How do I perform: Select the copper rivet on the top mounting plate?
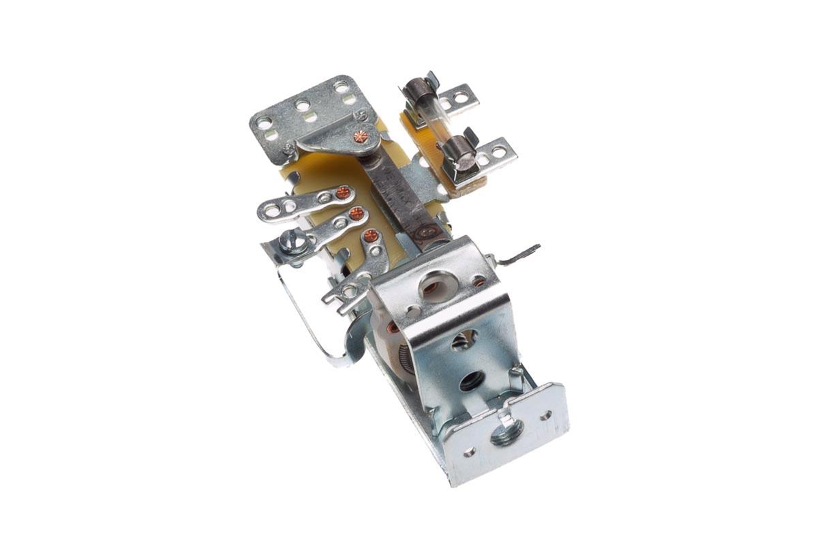[361, 136]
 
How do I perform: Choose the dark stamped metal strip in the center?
[402, 198]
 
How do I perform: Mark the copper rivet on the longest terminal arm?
[343, 193]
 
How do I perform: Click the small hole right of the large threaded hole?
[546, 414]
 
